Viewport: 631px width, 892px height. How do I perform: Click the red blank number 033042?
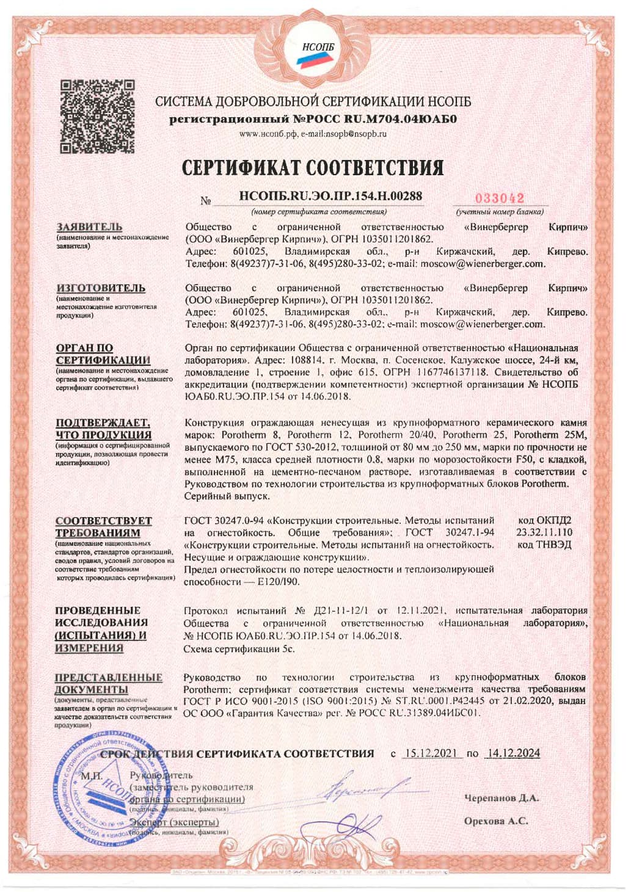[499, 198]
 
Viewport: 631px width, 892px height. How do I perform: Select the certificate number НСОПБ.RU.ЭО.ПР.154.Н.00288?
[330, 196]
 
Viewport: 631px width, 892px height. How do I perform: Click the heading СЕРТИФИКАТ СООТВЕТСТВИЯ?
[313, 167]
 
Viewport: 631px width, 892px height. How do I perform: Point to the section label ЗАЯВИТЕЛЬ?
[89, 227]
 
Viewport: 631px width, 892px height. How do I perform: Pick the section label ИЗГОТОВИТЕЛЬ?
[101, 288]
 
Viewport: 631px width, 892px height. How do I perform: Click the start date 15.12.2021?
[432, 753]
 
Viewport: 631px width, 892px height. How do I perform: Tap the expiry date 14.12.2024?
[513, 753]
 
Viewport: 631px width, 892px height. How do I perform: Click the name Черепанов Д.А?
[502, 798]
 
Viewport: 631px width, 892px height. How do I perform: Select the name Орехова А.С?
[496, 821]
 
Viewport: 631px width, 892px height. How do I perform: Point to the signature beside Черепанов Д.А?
[367, 789]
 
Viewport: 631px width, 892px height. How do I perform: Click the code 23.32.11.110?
[544, 532]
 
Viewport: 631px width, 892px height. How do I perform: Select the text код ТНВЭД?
[544, 545]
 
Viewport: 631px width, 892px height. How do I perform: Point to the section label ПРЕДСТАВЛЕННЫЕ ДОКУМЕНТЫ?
[109, 683]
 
